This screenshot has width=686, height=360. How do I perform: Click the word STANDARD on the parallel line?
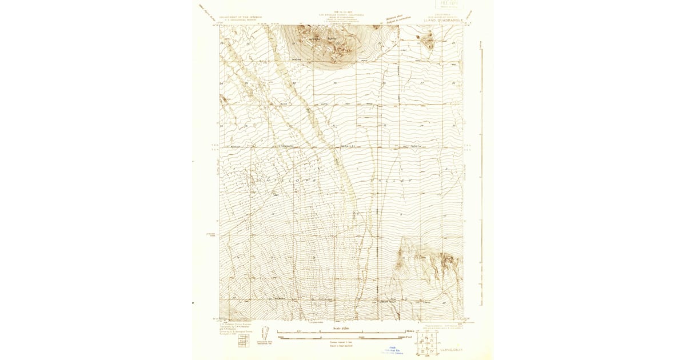[285, 146]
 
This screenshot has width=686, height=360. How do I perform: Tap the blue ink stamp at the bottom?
[392, 350]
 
